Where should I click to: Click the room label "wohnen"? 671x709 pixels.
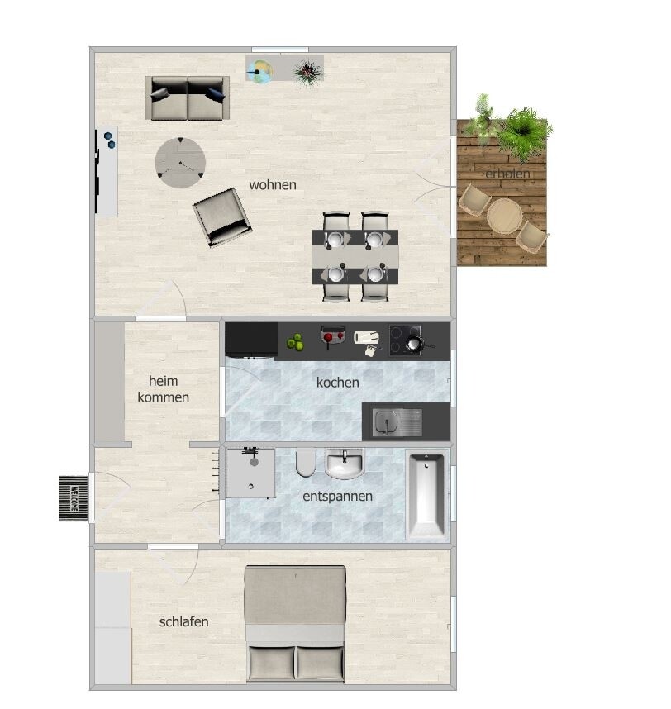tap(273, 185)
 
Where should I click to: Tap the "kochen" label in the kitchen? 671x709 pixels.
tap(338, 383)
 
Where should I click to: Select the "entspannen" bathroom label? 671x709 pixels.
tap(338, 497)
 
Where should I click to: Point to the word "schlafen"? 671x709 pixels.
tap(184, 621)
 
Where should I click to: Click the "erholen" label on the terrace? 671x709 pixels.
tap(507, 174)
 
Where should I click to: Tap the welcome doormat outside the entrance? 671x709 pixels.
tap(74, 498)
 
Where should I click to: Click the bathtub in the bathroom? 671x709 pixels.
tap(426, 494)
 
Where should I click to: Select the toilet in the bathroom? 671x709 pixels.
tap(306, 463)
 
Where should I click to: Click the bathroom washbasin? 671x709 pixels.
tap(345, 464)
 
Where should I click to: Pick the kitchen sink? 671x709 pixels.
tap(397, 422)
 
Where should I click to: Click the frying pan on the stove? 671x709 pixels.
tap(415, 344)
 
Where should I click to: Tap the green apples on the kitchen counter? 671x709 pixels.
tap(295, 342)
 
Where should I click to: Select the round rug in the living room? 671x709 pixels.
tap(180, 162)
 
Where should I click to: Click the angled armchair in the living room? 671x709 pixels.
tap(222, 217)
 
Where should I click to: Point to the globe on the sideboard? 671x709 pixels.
tap(259, 71)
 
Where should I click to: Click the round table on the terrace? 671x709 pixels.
tap(505, 216)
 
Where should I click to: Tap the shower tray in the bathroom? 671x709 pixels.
tap(250, 473)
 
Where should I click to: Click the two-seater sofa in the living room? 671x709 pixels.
tap(188, 98)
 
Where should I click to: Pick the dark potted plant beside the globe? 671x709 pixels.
tap(308, 72)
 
